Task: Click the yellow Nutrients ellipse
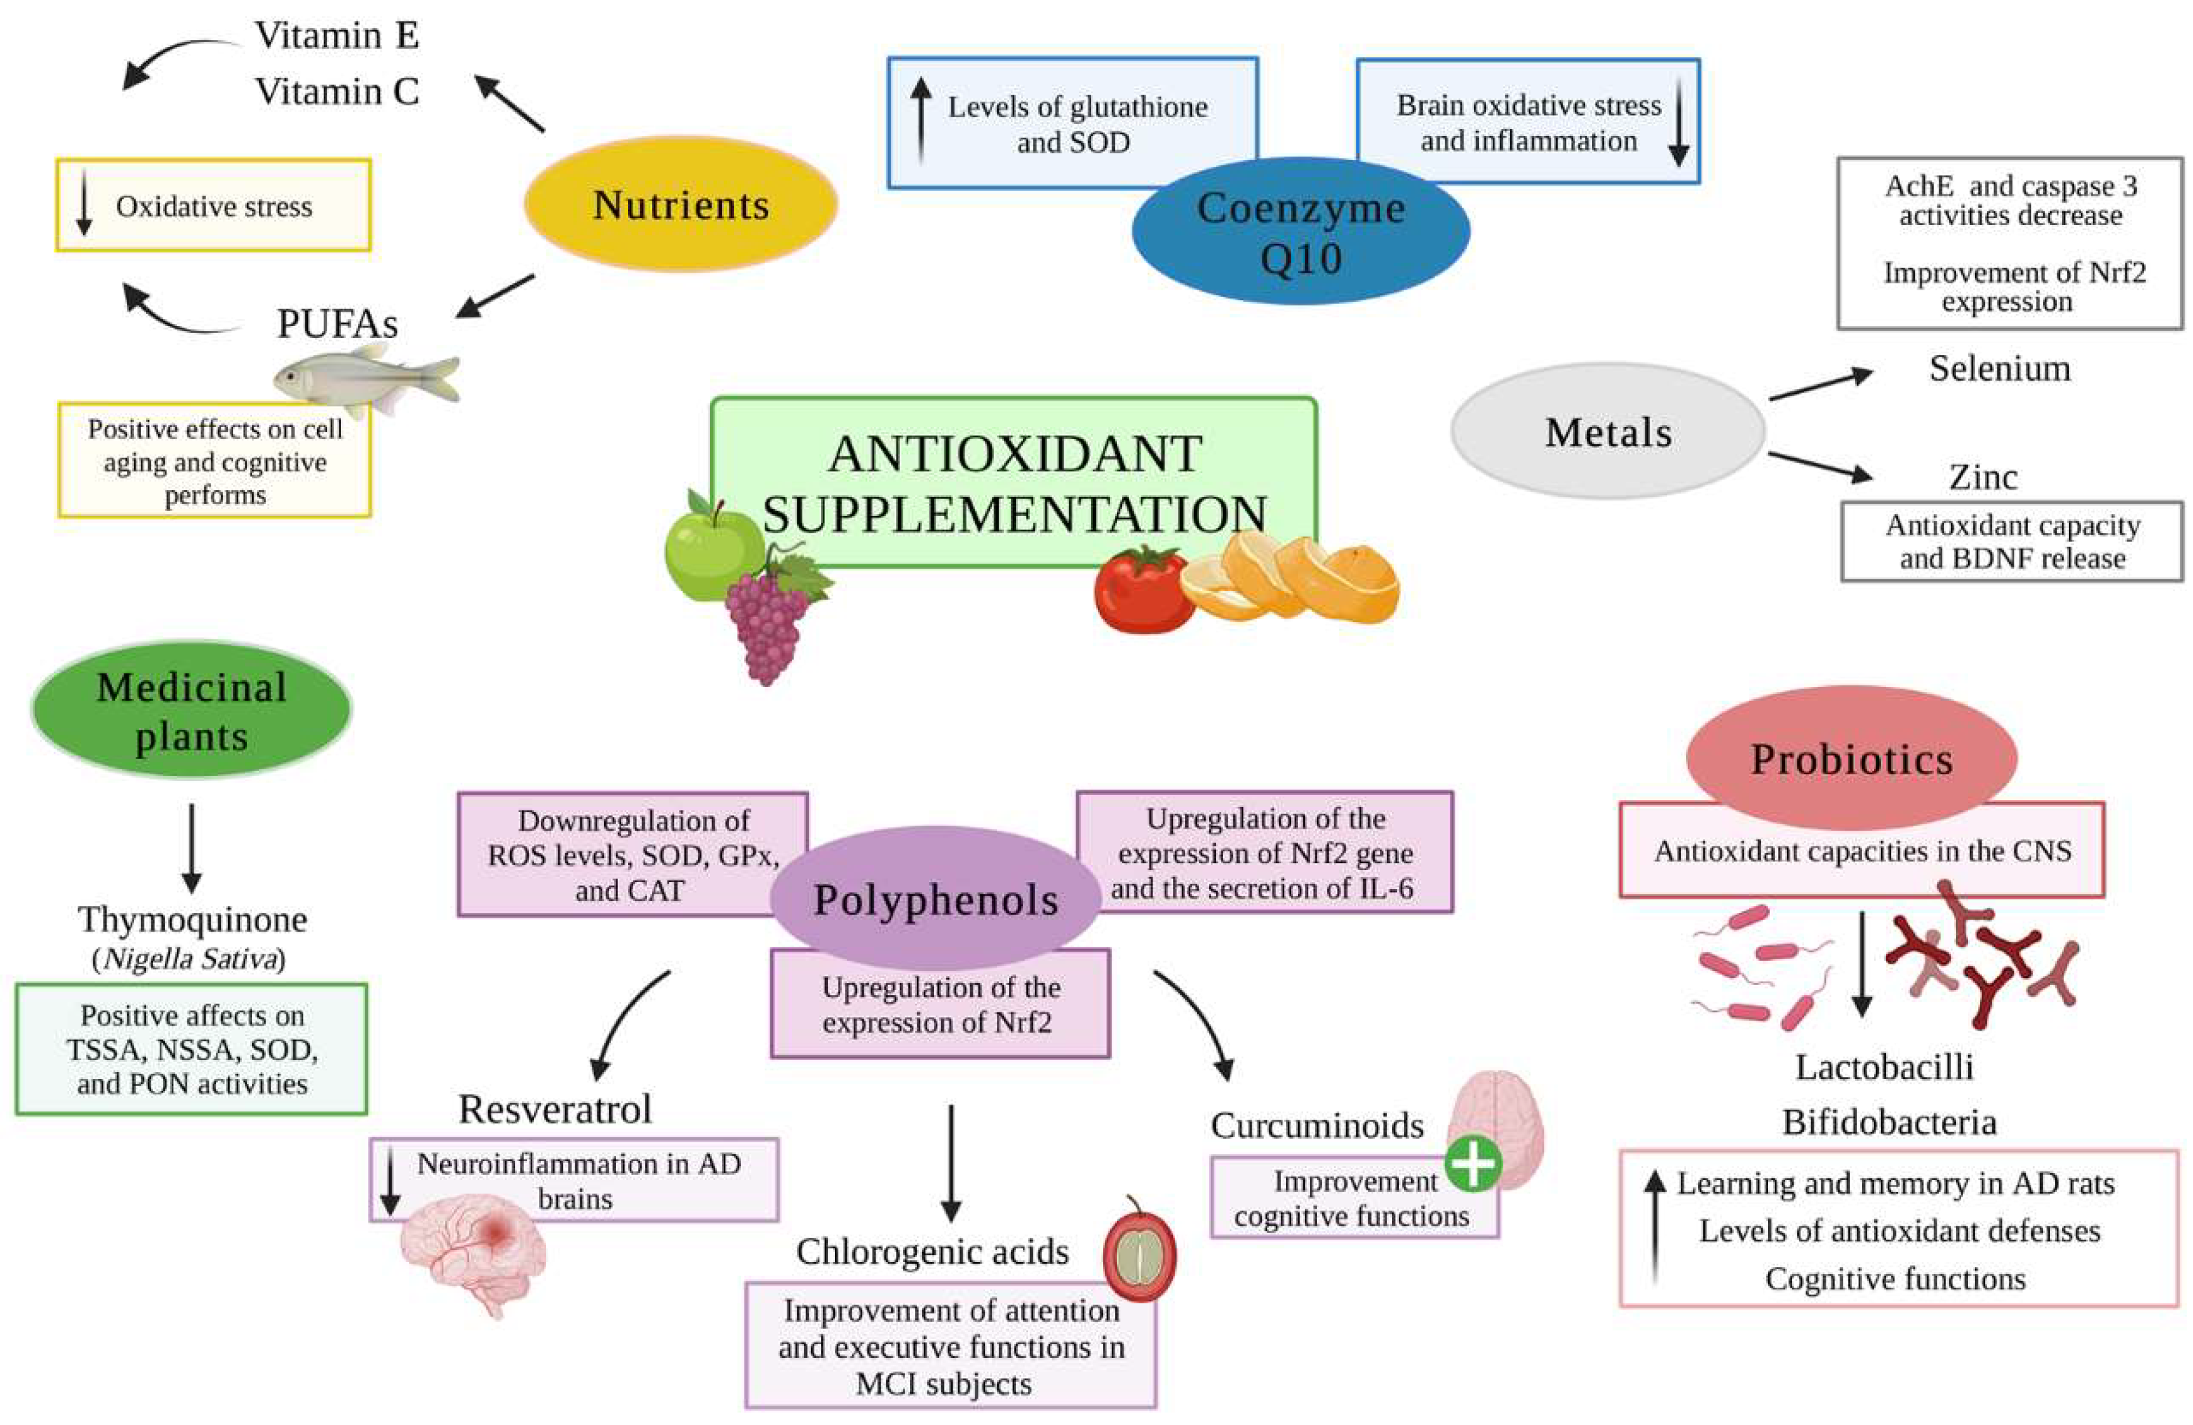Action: (x=680, y=204)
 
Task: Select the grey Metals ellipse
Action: (x=1608, y=431)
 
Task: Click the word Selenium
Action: (x=1999, y=369)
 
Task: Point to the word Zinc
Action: (x=1983, y=478)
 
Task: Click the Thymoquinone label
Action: (x=192, y=919)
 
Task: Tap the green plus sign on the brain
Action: (x=1472, y=1163)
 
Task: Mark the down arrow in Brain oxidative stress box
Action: (x=1679, y=123)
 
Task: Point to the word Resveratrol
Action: (x=555, y=1109)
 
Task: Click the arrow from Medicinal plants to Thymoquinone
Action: (x=192, y=847)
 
